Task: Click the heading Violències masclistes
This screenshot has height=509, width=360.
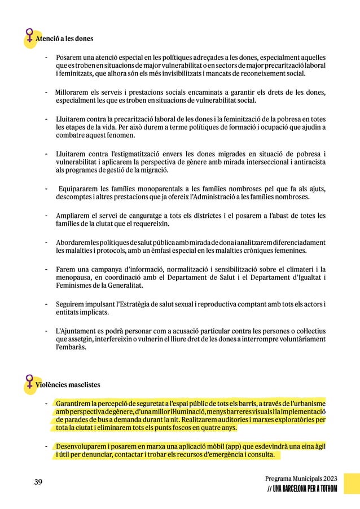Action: [x=68, y=385]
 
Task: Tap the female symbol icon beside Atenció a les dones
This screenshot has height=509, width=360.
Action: [x=28, y=37]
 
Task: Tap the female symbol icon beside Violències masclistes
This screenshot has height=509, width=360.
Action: [x=28, y=382]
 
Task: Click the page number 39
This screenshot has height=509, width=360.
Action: [x=38, y=481]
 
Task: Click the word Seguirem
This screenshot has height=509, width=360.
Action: [x=70, y=305]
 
